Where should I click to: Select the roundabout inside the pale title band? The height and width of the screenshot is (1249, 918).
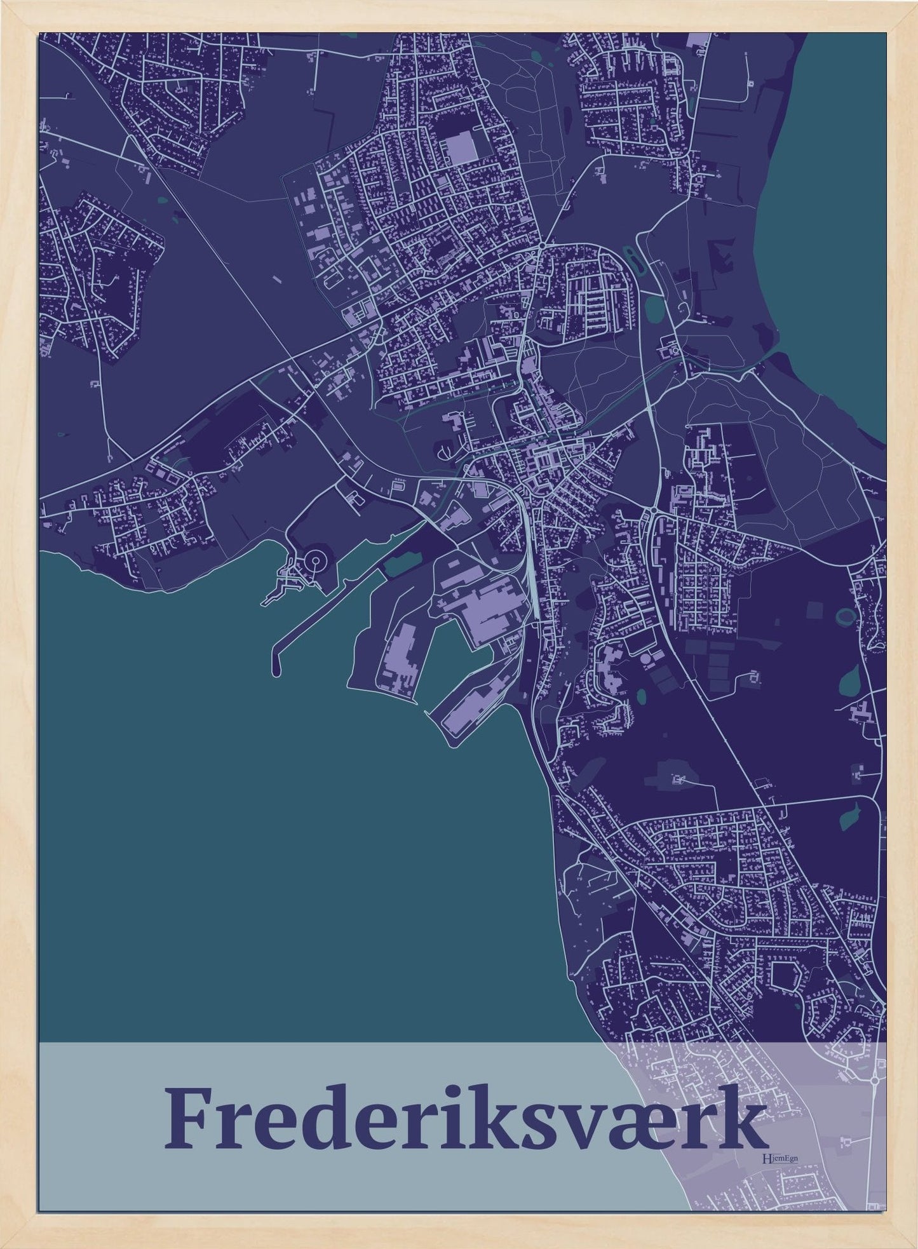[875, 1079]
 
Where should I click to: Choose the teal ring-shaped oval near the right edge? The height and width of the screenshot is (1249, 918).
[846, 616]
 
